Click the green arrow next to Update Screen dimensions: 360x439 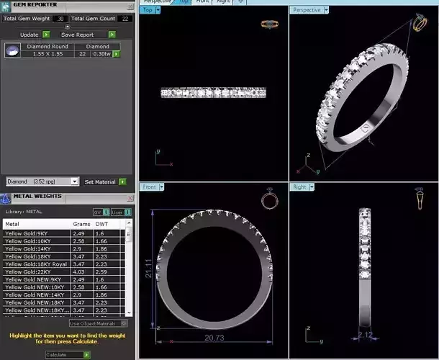(46, 34)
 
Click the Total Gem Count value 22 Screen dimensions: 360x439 (125, 18)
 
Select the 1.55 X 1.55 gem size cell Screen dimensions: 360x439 (47, 54)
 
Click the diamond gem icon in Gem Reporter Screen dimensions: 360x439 (12, 50)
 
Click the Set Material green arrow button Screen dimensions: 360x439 (122, 182)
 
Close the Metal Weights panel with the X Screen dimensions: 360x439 (130, 197)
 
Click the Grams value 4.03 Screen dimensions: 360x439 (79, 272)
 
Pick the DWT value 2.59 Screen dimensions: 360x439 (101, 272)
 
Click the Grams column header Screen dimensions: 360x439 (81, 224)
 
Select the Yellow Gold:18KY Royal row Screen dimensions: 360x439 (32, 264)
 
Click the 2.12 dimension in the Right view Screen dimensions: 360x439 (366, 335)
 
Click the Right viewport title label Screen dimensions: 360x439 (299, 187)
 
